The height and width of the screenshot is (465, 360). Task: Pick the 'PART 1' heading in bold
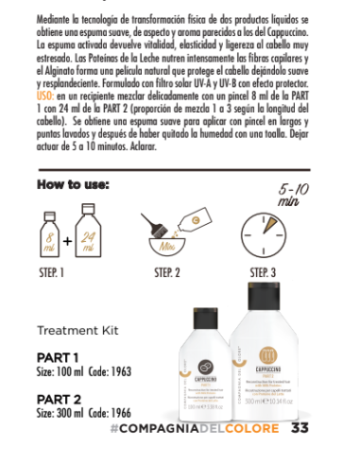[x=59, y=357]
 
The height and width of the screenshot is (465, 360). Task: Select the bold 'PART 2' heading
[x=59, y=400]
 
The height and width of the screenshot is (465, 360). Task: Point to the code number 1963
[x=138, y=371]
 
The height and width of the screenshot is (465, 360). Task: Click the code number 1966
[x=138, y=413]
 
